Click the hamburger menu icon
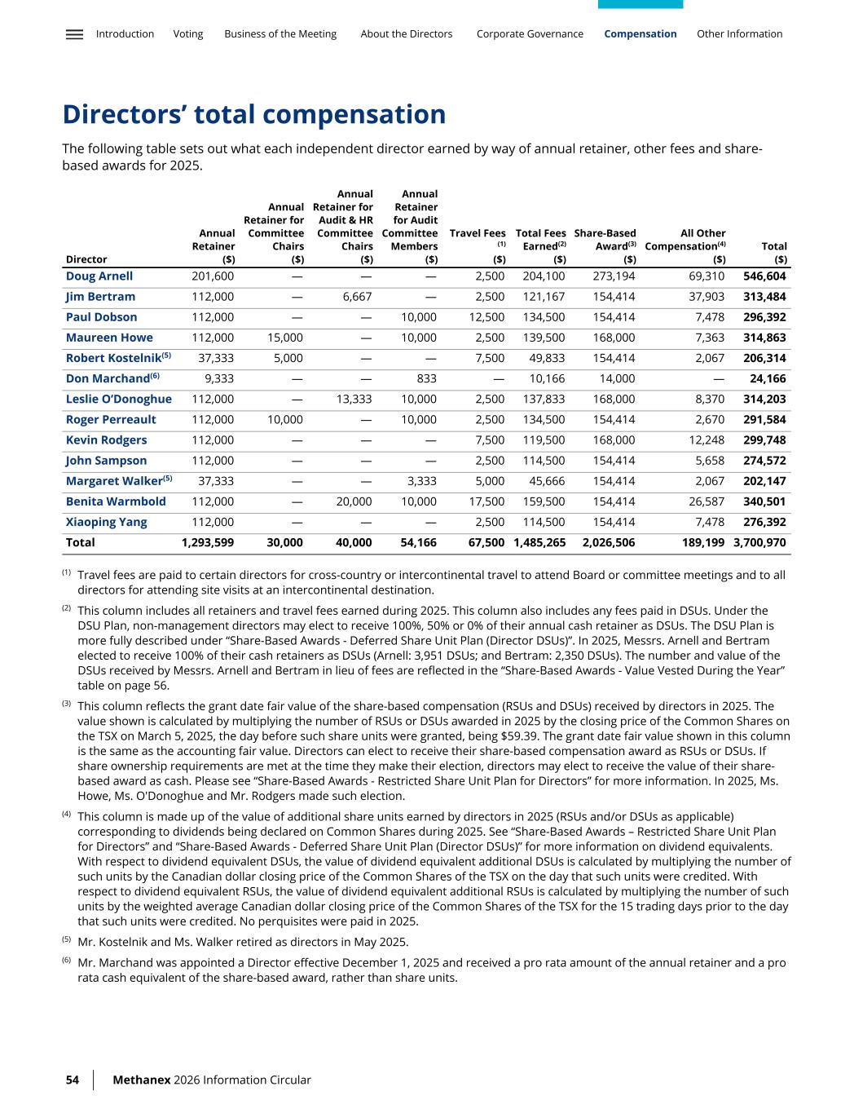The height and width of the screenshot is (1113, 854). click(74, 34)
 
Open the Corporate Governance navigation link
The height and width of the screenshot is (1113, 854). click(530, 34)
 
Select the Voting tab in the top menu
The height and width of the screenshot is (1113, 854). click(188, 34)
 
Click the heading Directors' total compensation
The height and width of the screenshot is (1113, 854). click(254, 115)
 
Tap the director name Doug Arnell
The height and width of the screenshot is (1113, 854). click(99, 276)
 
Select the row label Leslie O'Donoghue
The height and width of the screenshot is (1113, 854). click(119, 400)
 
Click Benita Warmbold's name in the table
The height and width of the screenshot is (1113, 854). click(116, 501)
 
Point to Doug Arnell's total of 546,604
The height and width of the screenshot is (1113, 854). click(764, 276)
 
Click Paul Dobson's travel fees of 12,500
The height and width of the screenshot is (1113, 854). click(487, 317)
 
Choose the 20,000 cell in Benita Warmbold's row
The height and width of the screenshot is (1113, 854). click(354, 501)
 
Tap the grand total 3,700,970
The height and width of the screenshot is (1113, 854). click(759, 543)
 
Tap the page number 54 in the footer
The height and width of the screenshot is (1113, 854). click(73, 1080)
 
